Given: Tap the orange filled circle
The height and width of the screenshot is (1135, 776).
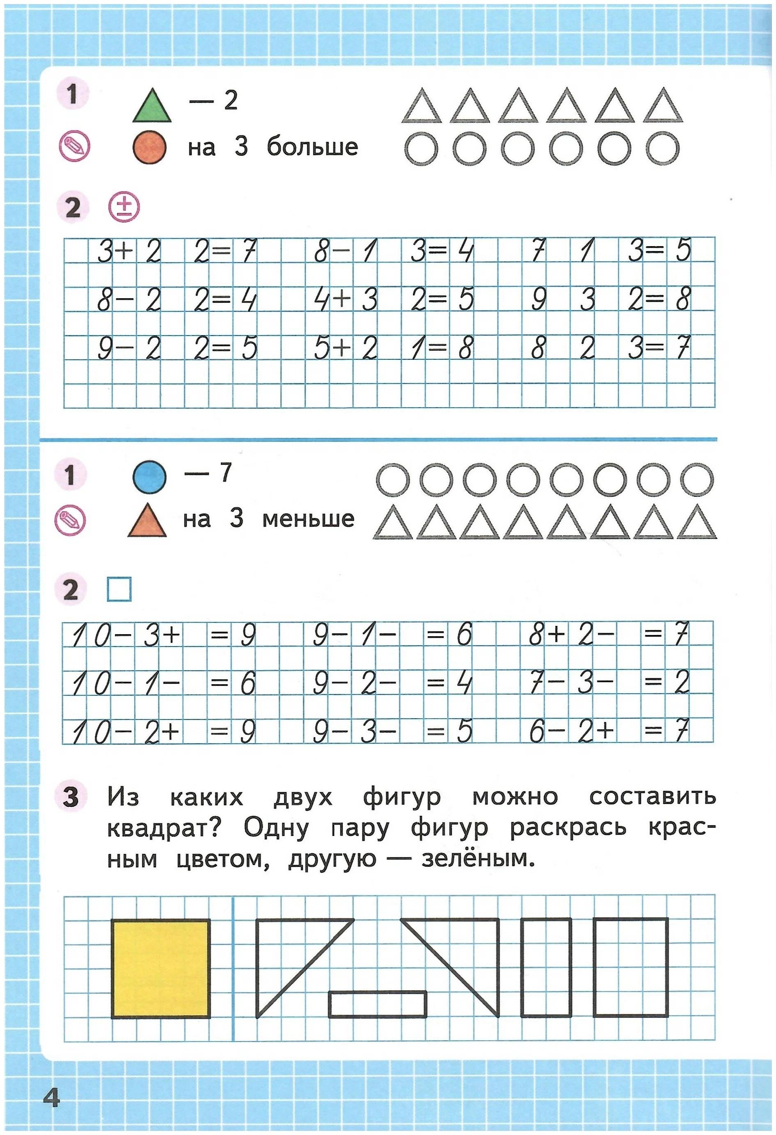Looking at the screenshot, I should pos(149,148).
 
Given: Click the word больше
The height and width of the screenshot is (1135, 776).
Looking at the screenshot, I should pos(312,146).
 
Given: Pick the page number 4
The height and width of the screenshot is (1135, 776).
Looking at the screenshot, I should pos(51,1098).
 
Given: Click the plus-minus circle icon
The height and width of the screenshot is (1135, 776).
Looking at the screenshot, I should pos(124,208).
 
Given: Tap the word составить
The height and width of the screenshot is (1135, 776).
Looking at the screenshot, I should pos(652,797).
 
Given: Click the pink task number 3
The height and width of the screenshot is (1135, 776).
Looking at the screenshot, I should pos(71,797).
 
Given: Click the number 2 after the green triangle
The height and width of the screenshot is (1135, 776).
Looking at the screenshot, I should pos(230,100).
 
